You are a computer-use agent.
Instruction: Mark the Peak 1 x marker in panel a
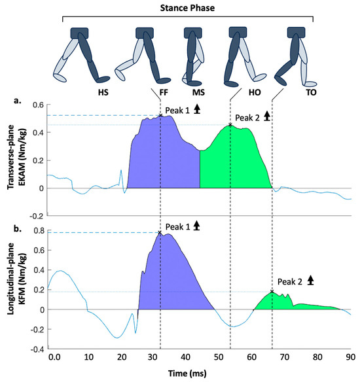pos(160,115)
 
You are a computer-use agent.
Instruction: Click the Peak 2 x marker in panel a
pos(230,125)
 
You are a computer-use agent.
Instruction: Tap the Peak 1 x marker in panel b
pos(160,232)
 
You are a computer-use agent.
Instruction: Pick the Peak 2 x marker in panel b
pos(272,292)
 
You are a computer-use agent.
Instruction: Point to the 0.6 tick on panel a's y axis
pos(39,105)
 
